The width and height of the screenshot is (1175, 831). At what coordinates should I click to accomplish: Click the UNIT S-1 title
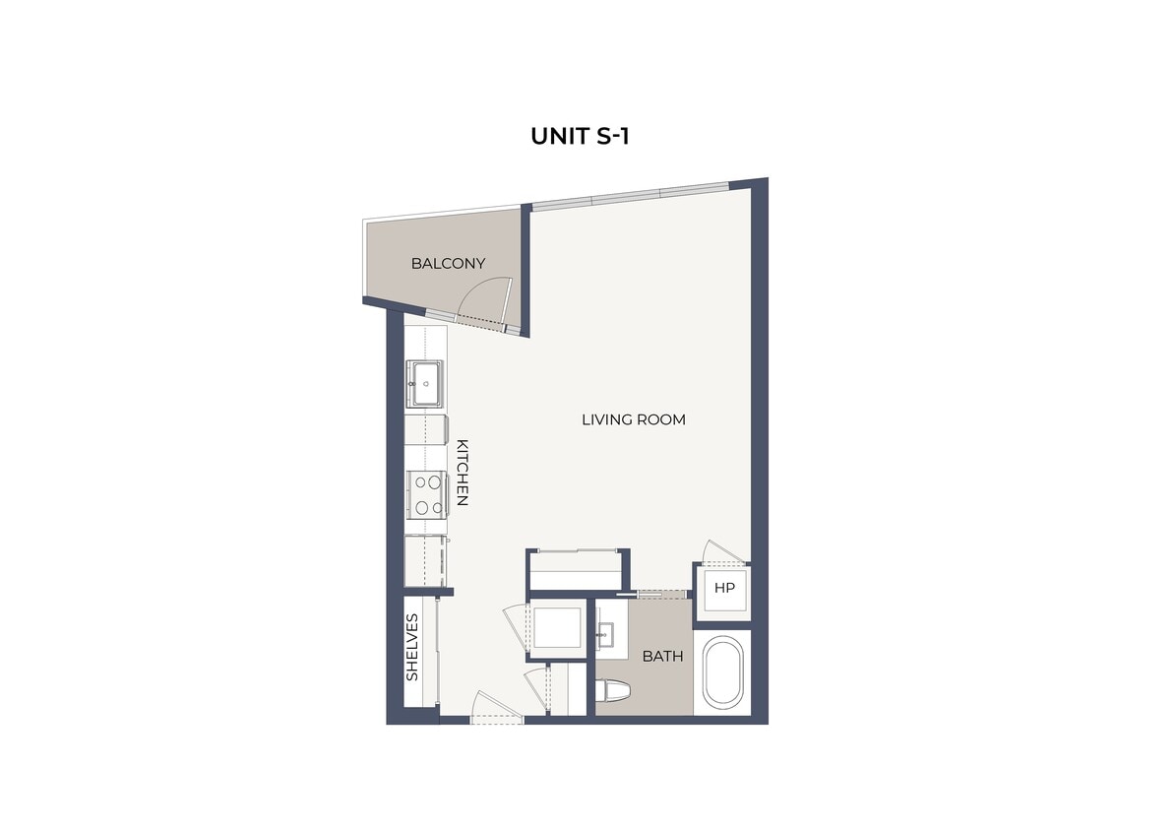click(580, 136)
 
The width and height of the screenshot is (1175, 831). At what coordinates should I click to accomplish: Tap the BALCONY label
click(448, 264)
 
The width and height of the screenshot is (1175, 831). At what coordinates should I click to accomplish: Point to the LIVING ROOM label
click(633, 419)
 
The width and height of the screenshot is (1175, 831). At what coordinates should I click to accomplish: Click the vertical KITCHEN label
click(462, 473)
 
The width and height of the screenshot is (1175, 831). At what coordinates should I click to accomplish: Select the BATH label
click(663, 656)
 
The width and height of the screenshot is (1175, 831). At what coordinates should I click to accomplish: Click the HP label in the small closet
click(725, 589)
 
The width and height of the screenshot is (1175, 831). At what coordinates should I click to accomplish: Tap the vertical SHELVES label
click(413, 647)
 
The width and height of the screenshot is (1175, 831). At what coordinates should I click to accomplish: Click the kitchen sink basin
click(426, 382)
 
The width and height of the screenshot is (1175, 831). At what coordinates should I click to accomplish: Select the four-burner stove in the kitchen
click(426, 494)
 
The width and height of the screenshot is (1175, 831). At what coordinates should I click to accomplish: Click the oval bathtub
click(723, 672)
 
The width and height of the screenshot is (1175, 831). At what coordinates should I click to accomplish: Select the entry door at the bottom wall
click(496, 708)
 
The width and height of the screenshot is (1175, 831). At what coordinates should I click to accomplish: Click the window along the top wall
click(630, 195)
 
